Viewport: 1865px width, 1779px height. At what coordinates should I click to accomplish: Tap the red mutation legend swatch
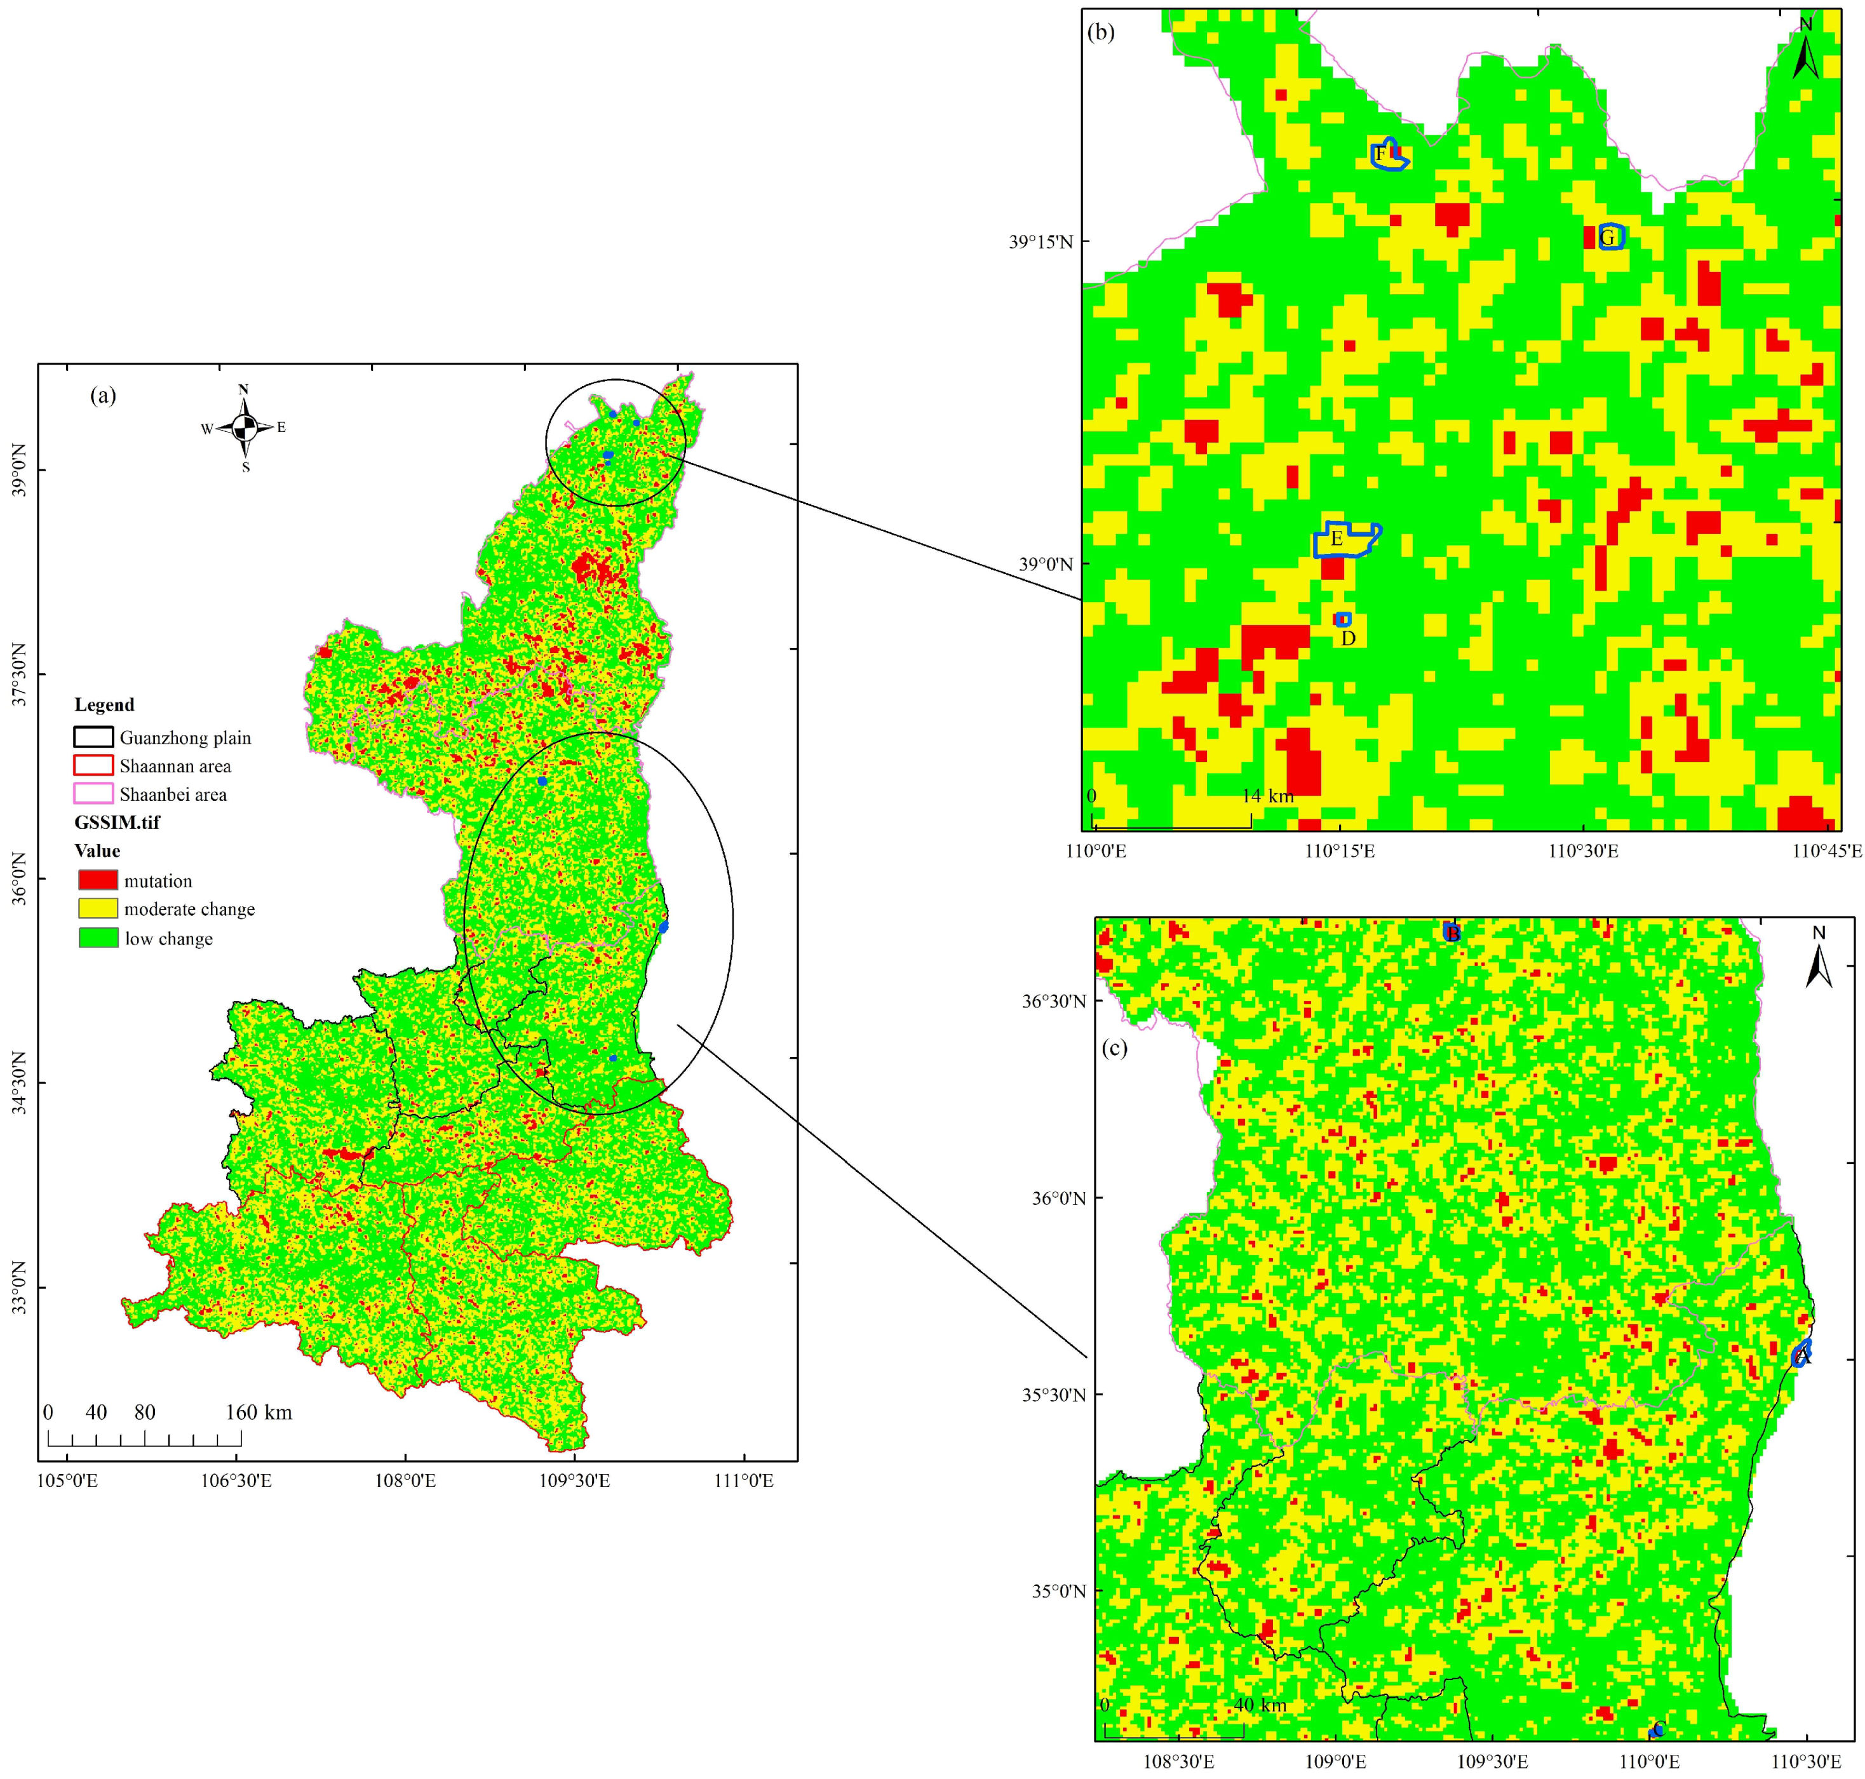98,880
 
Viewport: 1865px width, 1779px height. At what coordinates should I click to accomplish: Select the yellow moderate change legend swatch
98,908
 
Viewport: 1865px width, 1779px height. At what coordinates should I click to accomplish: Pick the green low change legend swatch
98,938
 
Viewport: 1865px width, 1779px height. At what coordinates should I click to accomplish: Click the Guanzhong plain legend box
93,737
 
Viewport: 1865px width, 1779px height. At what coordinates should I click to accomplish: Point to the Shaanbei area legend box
93,794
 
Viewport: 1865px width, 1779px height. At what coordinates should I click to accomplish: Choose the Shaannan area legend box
93,765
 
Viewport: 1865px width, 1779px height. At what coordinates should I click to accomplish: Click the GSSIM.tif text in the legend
117,822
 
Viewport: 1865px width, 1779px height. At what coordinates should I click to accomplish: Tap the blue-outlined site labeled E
1343,538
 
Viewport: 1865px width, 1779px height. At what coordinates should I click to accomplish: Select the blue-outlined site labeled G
1609,236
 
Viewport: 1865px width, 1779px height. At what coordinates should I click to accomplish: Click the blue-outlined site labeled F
1388,154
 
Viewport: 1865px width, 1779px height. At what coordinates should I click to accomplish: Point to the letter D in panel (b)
1347,638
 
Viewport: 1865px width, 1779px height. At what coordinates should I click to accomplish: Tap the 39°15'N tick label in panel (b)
1040,241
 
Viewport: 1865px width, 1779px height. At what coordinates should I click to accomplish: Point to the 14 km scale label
1267,796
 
